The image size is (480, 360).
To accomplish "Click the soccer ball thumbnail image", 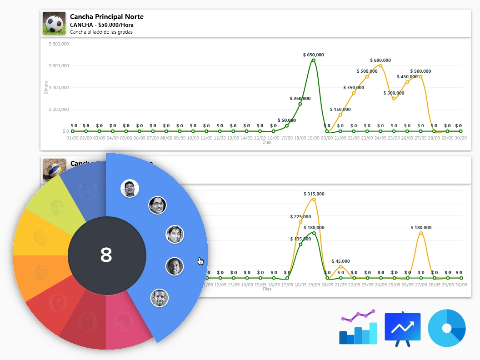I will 54,23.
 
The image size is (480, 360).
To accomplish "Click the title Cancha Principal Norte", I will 106,17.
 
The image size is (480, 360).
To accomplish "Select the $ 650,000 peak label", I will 314,55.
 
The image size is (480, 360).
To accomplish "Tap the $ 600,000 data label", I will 380,60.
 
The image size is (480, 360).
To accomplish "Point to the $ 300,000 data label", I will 393,93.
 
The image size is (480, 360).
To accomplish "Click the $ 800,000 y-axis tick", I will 59,44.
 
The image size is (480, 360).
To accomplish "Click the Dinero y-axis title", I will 46,87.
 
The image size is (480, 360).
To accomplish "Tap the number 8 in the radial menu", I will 106,255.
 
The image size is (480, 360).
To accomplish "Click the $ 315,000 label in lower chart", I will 314,194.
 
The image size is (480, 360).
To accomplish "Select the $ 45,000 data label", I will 340,261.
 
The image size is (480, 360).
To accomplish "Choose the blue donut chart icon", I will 447,328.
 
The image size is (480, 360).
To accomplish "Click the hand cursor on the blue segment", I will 200,261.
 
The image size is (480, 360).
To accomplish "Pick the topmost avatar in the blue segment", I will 130,188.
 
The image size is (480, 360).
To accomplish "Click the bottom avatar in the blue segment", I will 159,298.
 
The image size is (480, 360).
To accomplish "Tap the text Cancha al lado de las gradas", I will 101,32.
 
